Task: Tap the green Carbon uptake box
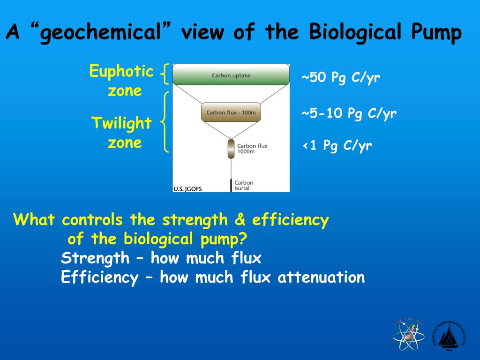tap(231, 75)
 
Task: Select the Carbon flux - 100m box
tap(231, 112)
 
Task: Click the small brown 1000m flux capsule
tap(231, 149)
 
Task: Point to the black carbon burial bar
tap(231, 185)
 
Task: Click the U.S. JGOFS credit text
tap(187, 189)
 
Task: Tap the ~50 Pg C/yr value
tap(340, 77)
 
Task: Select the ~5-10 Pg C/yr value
tap(349, 113)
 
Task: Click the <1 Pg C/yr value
tap(337, 146)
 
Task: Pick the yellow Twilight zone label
tap(122, 133)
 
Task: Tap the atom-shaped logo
tap(408, 335)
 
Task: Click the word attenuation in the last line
tap(321, 277)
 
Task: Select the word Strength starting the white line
tap(95, 258)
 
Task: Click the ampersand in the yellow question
tap(242, 220)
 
